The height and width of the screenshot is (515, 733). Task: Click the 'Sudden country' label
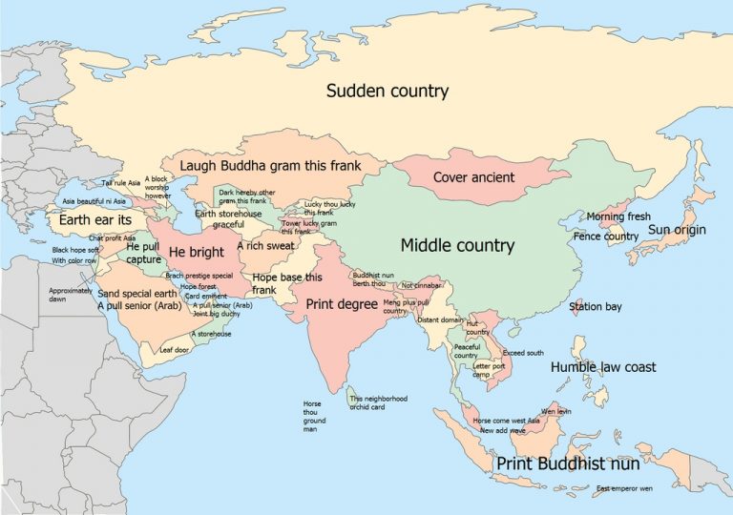[x=387, y=92]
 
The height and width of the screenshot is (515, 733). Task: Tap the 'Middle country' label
[x=457, y=246]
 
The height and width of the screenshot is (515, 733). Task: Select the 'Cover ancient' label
[x=473, y=177]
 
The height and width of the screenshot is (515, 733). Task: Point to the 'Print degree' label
[x=341, y=304]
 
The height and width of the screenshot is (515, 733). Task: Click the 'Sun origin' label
[x=677, y=230]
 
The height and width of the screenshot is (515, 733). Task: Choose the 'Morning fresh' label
[x=618, y=217]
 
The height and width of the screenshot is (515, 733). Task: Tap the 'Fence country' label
[x=605, y=236]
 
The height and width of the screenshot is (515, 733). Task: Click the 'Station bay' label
[x=595, y=307]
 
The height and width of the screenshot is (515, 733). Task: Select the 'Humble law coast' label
[x=602, y=367]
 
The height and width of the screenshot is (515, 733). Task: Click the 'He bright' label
[x=189, y=252]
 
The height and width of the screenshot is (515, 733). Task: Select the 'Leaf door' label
[x=174, y=350]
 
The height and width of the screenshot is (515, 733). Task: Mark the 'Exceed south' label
[x=522, y=353]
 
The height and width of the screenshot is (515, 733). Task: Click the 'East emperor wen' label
[x=624, y=489]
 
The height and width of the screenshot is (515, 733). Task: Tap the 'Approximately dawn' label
[x=71, y=294]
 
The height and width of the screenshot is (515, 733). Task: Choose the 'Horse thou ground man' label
[x=314, y=417]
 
